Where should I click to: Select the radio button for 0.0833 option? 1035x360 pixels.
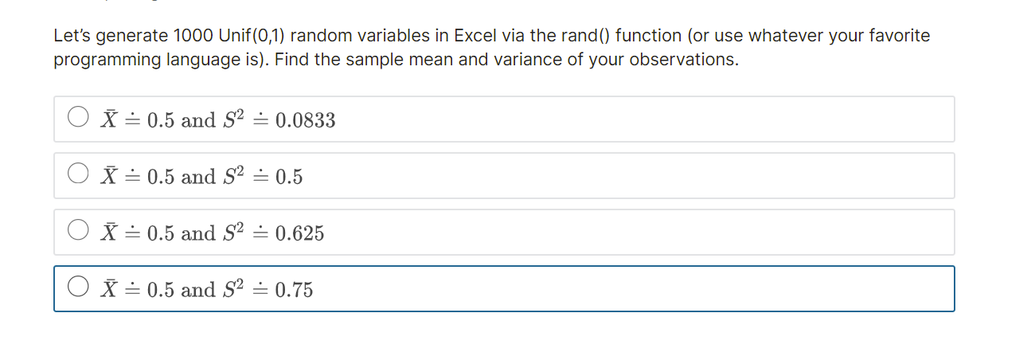point(77,118)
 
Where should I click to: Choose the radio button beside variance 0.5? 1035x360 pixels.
point(77,174)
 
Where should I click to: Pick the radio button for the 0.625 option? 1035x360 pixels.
point(77,231)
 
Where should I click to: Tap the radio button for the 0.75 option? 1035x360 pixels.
point(77,288)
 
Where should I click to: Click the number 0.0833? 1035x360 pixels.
point(305,120)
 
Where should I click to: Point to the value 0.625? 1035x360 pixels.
point(299,233)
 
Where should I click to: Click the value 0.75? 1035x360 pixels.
point(294,290)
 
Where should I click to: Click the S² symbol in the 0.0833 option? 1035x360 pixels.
point(232,119)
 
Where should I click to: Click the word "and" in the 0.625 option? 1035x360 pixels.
point(198,233)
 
